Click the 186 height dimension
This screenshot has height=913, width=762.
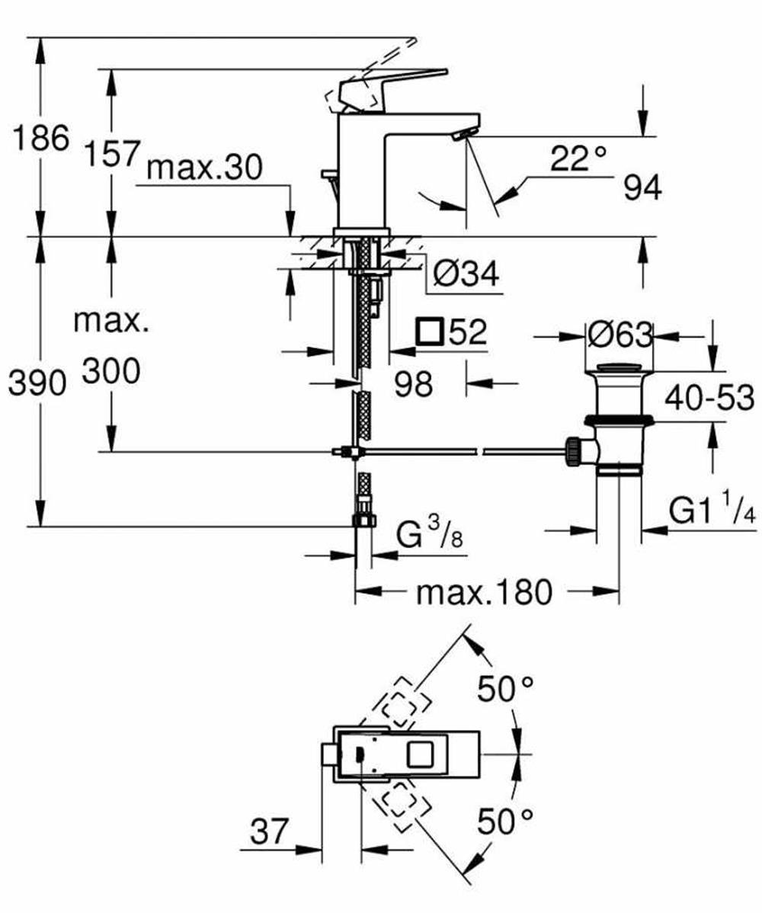coord(40,138)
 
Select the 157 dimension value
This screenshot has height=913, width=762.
coord(112,153)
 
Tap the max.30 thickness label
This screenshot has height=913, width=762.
coord(205,168)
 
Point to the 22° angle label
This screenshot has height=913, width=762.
coord(578,157)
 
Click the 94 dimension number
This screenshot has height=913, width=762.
coord(642,187)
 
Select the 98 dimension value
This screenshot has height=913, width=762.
coord(413,383)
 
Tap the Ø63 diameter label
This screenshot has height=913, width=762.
coord(620,335)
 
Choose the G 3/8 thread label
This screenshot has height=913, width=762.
coord(429,533)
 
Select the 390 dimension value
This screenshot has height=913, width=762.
coord(37,383)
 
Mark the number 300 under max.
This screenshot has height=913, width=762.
coord(111,370)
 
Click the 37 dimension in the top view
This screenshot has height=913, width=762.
coord(270,831)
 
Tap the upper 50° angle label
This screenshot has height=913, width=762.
coord(505,690)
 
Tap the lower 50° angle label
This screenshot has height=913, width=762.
coord(505,822)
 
